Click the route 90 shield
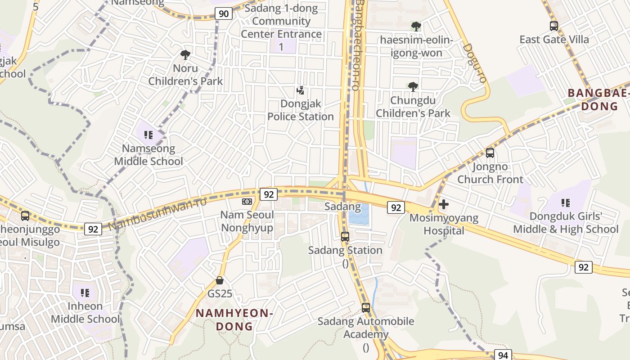(x=224, y=13)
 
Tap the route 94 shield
(x=503, y=355)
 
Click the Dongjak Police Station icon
(x=301, y=91)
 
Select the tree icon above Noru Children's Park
(x=185, y=55)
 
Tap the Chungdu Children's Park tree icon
(x=413, y=86)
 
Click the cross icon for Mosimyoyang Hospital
(x=444, y=204)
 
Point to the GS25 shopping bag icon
(x=220, y=280)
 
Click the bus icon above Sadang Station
(x=345, y=236)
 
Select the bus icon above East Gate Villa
(x=554, y=26)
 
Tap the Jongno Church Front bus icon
(x=490, y=153)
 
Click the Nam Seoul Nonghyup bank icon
(x=247, y=202)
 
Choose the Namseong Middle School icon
(x=148, y=135)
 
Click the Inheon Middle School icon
(x=85, y=293)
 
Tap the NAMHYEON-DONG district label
(x=234, y=319)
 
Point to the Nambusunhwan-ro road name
(x=157, y=214)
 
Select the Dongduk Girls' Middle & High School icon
(x=566, y=203)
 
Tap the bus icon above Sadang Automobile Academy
(x=366, y=308)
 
